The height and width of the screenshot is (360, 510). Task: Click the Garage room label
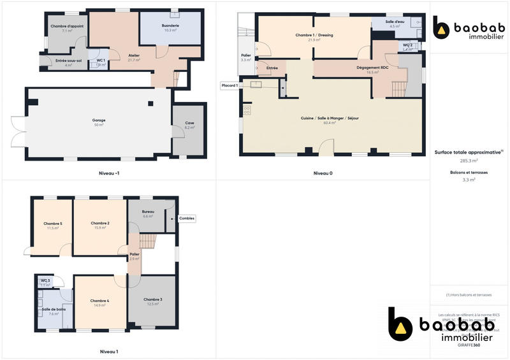click(99, 120)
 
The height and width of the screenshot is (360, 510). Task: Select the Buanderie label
click(171, 25)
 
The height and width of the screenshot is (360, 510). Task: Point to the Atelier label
click(134, 55)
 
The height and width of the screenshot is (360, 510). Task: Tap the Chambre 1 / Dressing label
click(314, 35)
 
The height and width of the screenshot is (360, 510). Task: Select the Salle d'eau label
click(396, 22)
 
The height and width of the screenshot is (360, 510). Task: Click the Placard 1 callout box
click(229, 85)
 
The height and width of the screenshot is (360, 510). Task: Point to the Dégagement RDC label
click(373, 68)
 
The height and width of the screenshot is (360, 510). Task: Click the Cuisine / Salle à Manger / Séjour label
click(330, 119)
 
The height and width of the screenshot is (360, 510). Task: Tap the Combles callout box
click(187, 219)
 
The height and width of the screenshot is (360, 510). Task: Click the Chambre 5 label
click(53, 224)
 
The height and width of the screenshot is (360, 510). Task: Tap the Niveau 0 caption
click(323, 173)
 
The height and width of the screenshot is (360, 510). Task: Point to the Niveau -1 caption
click(109, 173)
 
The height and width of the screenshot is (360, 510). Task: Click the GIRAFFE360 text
click(469, 345)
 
